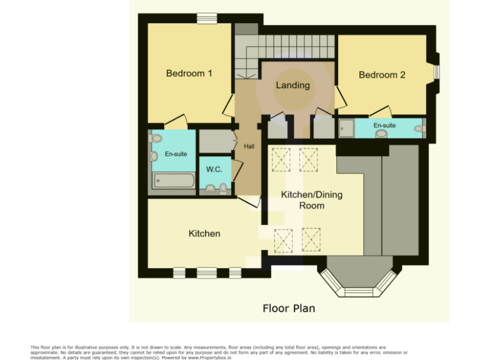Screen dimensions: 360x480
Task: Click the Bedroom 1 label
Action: coord(189,74)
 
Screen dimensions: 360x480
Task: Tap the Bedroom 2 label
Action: coord(382,75)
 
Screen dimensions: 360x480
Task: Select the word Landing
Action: coord(292,86)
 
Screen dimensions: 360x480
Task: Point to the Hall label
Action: coord(249,146)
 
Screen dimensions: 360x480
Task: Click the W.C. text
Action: coord(214,169)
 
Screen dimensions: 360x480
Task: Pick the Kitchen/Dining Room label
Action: coord(311,200)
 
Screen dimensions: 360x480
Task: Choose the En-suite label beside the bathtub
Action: coord(176,154)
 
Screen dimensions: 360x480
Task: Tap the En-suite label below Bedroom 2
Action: coord(384,126)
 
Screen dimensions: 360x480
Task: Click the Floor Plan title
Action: coord(288,308)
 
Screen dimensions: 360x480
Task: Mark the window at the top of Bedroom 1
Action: coord(206,19)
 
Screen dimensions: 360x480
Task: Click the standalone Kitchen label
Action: coord(204,234)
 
